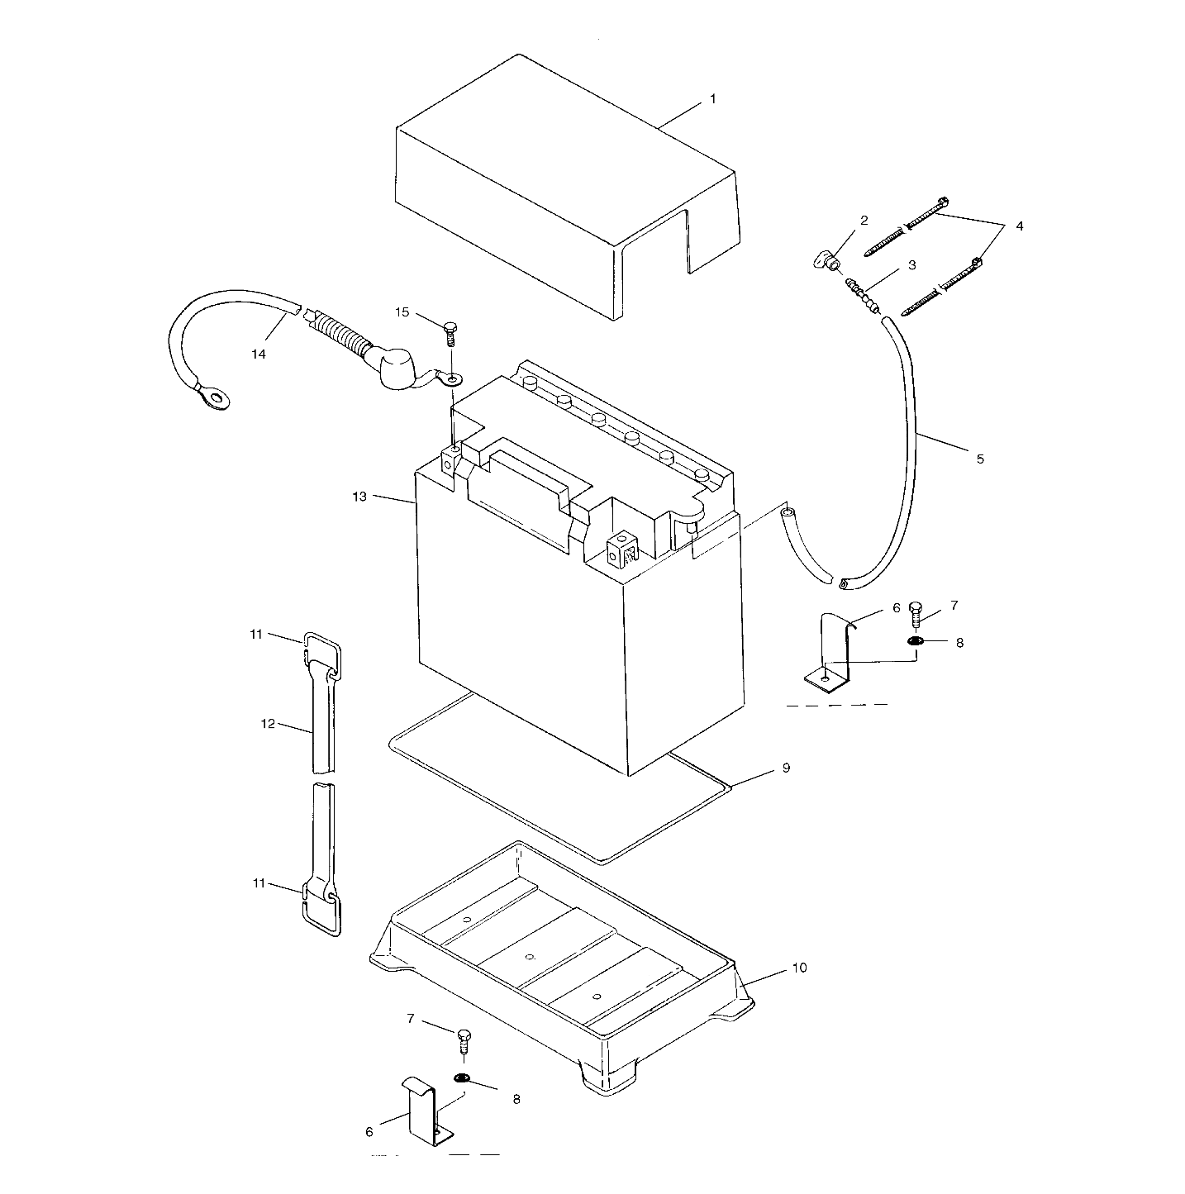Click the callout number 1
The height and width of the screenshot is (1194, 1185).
(x=712, y=99)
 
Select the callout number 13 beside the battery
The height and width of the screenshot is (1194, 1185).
(x=359, y=496)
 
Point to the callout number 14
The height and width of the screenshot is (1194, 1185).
(x=259, y=354)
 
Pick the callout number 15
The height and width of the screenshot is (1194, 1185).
(x=402, y=312)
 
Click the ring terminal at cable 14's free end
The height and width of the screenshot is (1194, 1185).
(x=217, y=400)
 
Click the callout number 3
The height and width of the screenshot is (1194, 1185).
(x=911, y=265)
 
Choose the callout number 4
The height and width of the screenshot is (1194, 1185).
(x=1019, y=226)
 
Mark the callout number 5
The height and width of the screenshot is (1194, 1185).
(x=980, y=459)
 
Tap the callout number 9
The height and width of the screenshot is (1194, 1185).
(x=786, y=768)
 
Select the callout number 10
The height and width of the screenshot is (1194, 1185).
(x=799, y=967)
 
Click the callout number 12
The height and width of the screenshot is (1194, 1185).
(x=267, y=723)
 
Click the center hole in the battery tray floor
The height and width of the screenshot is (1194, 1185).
(x=530, y=957)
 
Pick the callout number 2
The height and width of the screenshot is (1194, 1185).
(x=864, y=221)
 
